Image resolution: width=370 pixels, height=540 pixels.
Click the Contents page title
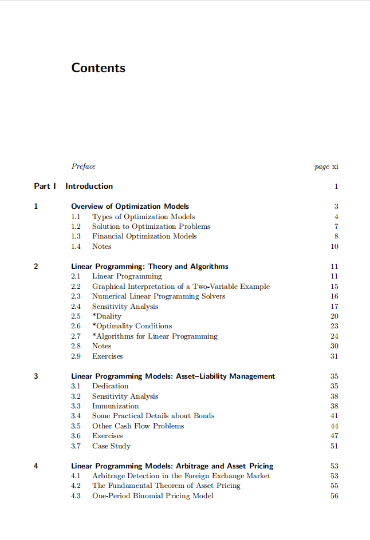point(98,68)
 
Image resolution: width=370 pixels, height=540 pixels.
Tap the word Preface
point(84,166)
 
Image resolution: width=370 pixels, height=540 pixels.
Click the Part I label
point(45,186)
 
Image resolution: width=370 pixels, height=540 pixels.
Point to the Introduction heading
point(89,186)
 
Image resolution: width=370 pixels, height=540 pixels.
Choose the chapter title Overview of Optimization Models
point(130,206)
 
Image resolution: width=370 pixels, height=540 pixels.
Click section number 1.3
point(76,236)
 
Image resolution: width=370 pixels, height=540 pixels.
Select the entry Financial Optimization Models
point(144,236)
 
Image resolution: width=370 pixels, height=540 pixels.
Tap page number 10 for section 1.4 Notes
point(334,247)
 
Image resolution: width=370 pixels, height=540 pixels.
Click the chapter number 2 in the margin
point(36,266)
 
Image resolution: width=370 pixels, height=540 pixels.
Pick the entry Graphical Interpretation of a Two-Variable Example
point(181,286)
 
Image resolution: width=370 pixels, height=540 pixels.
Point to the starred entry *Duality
point(107,316)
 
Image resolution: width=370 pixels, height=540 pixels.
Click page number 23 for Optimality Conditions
point(334,326)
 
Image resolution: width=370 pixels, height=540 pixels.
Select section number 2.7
point(76,336)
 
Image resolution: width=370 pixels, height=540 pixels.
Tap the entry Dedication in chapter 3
point(111,386)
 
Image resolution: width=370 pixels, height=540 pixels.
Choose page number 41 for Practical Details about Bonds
point(334,416)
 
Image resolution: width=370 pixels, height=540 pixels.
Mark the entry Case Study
point(111,446)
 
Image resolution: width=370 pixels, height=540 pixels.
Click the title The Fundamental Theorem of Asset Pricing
point(166,486)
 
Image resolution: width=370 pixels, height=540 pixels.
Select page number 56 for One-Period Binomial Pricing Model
point(334,496)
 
